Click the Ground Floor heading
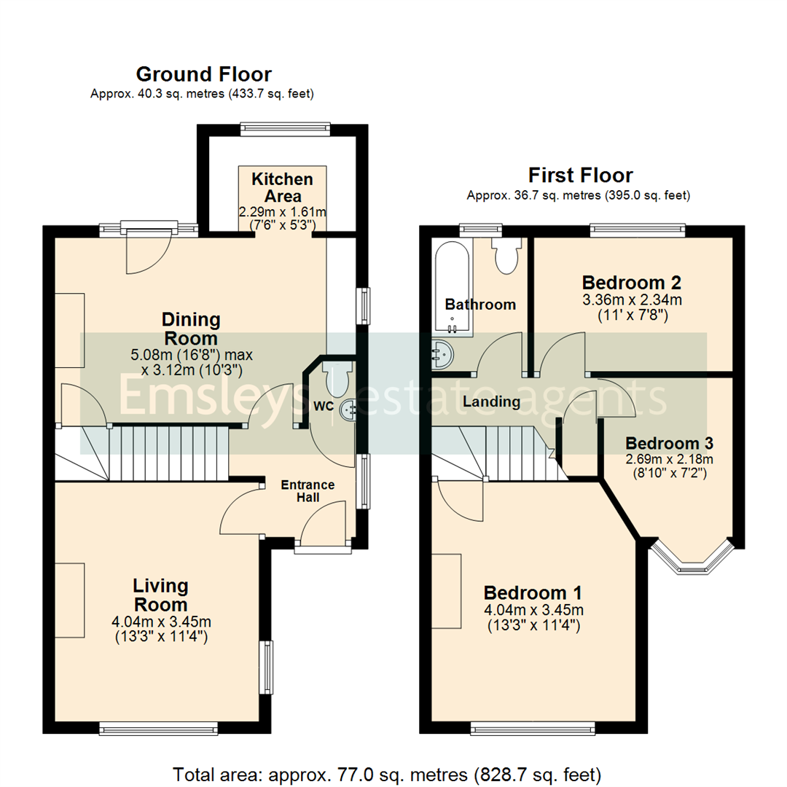coord(203,74)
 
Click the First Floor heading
coord(580,175)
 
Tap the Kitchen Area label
coord(282,187)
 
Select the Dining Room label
coord(190,329)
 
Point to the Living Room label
coord(160,595)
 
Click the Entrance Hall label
coord(308,491)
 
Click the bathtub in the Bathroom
coord(452,287)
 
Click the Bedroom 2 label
coord(632,282)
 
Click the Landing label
coord(492,402)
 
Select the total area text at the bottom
coord(387,773)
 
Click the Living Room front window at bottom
coord(158,727)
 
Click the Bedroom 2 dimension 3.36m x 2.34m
coord(632,299)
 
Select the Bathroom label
coord(480,305)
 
